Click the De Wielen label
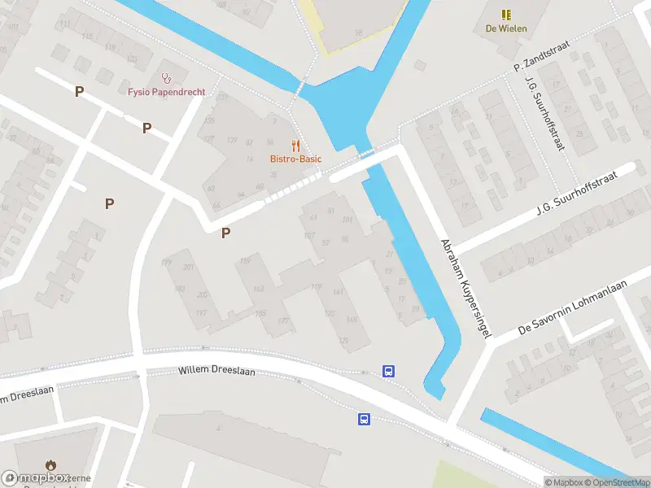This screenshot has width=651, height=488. click(506, 28)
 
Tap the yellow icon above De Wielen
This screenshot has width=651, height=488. click(506, 15)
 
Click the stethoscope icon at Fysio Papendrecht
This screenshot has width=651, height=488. click(167, 78)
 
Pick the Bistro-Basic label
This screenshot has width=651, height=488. click(295, 159)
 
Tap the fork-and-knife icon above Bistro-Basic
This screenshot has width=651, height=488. click(295, 146)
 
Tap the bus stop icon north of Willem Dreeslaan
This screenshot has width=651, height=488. click(389, 371)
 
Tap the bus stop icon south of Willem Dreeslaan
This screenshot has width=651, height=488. click(364, 419)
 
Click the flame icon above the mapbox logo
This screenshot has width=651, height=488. click(51, 465)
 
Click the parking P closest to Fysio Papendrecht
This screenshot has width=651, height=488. click(146, 128)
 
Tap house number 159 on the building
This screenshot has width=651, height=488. click(244, 260)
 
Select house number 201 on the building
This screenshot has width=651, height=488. click(190, 268)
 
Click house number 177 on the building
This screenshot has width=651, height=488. click(283, 321)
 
